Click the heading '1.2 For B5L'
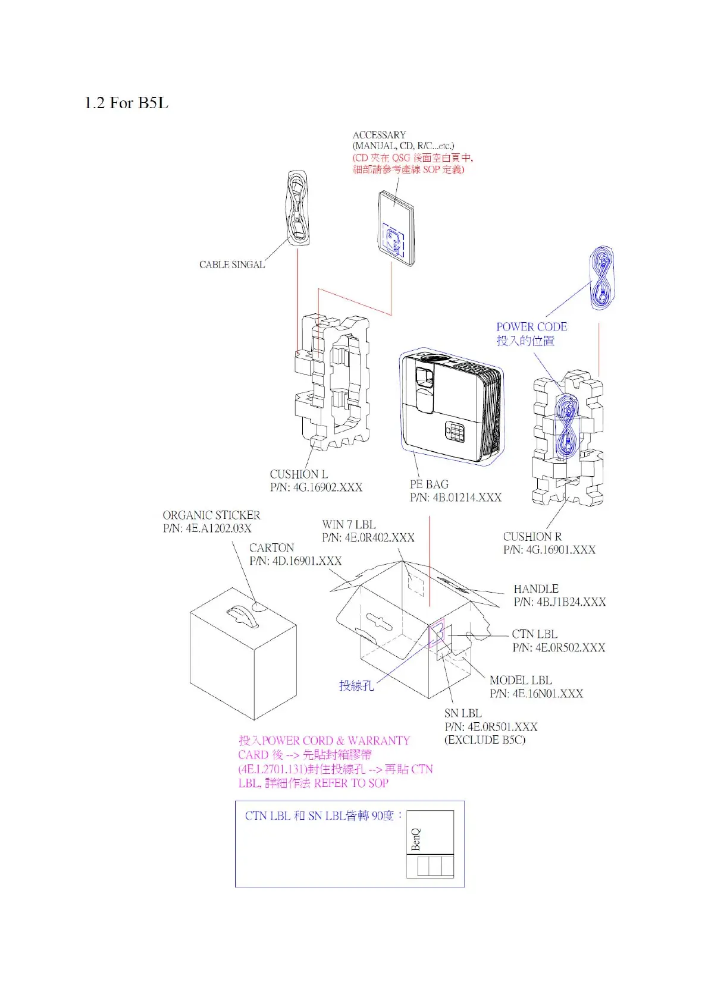126,103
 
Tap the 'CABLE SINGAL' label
231,265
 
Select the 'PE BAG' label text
429,484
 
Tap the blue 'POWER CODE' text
531,327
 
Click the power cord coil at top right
602,278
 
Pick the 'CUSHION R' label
532,537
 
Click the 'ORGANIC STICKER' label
211,515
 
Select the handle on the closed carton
243,615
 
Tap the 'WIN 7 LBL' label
349,525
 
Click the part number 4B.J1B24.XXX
559,602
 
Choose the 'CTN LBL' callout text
534,634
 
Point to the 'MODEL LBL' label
521,680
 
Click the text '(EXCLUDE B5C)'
485,740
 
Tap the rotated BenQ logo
416,839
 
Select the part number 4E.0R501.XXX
491,727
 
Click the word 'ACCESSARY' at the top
379,135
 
